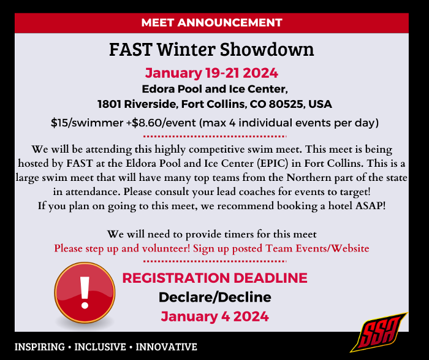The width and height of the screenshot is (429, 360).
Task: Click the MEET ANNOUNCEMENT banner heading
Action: pyautogui.click(x=211, y=23)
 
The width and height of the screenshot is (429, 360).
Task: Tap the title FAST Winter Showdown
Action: pyautogui.click(x=211, y=49)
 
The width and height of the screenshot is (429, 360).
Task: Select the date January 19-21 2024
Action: pyautogui.click(x=211, y=74)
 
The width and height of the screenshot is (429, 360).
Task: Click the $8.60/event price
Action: pyautogui.click(x=157, y=123)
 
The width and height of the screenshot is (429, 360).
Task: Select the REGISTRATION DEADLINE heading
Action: pyautogui.click(x=214, y=278)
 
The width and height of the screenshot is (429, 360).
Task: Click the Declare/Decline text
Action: pyautogui.click(x=214, y=297)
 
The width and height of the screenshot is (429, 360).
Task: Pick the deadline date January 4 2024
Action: pyautogui.click(x=214, y=316)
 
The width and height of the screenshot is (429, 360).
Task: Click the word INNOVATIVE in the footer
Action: pyautogui.click(x=166, y=347)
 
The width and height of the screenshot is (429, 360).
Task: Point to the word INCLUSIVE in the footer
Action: pyautogui.click(x=102, y=347)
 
